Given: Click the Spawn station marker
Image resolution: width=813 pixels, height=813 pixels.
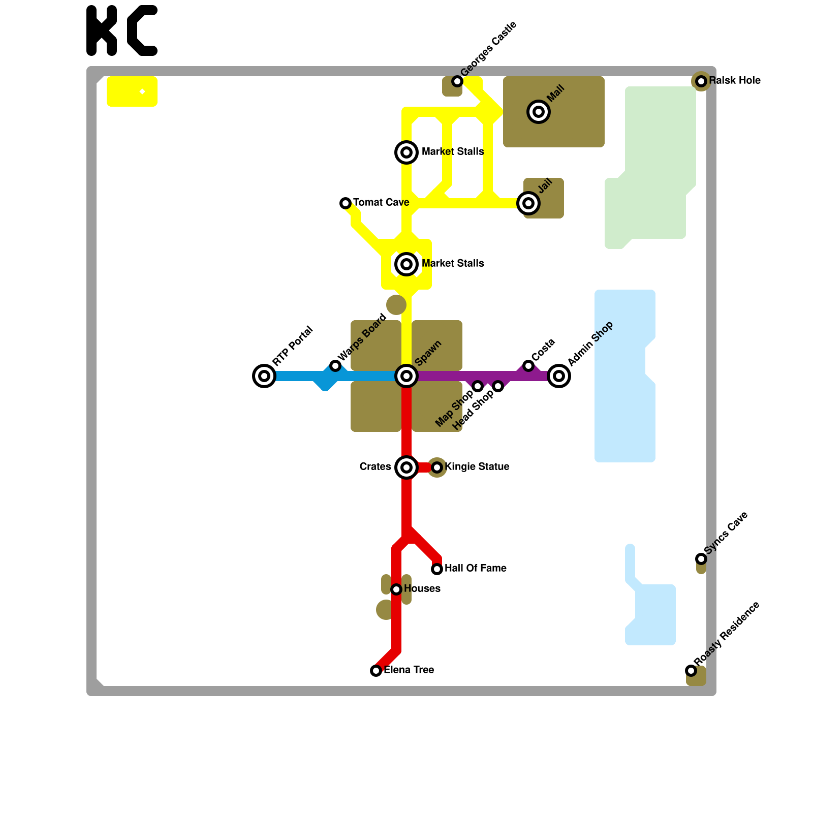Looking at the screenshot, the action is tap(407, 376).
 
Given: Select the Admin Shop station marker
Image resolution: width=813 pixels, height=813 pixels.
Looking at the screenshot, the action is tap(559, 376).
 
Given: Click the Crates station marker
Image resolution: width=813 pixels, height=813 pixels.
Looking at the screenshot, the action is tap(407, 467).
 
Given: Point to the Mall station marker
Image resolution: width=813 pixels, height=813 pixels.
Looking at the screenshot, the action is tap(539, 112).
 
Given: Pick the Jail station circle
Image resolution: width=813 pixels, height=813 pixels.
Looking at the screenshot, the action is tap(528, 203).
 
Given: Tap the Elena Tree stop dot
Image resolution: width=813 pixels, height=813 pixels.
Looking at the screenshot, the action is tap(376, 671).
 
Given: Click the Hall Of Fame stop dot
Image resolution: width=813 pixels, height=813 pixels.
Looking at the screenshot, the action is tap(437, 569).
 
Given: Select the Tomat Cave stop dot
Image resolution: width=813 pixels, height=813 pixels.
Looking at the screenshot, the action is tap(346, 203).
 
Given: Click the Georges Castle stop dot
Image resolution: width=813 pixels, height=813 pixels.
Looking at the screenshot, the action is tap(457, 81).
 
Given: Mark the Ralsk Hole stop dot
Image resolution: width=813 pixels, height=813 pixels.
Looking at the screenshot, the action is tap(701, 81).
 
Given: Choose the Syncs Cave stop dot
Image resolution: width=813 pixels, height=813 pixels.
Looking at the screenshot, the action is tap(701, 559).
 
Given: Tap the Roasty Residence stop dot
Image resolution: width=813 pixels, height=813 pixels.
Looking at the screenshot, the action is tap(691, 671).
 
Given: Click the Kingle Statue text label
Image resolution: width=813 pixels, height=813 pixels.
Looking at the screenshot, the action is tap(477, 467).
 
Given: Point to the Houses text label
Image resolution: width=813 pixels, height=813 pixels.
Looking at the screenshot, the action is tap(422, 589).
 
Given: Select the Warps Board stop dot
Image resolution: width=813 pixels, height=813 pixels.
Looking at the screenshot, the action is tap(335, 366).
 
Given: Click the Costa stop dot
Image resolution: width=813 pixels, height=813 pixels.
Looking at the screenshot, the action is tap(528, 366).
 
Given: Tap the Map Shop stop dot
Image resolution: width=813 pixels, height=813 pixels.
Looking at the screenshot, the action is tap(478, 386).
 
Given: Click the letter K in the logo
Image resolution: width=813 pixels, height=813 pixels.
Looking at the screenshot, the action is tap(102, 30).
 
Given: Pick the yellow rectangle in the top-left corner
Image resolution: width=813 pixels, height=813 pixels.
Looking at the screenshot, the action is tap(132, 91).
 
